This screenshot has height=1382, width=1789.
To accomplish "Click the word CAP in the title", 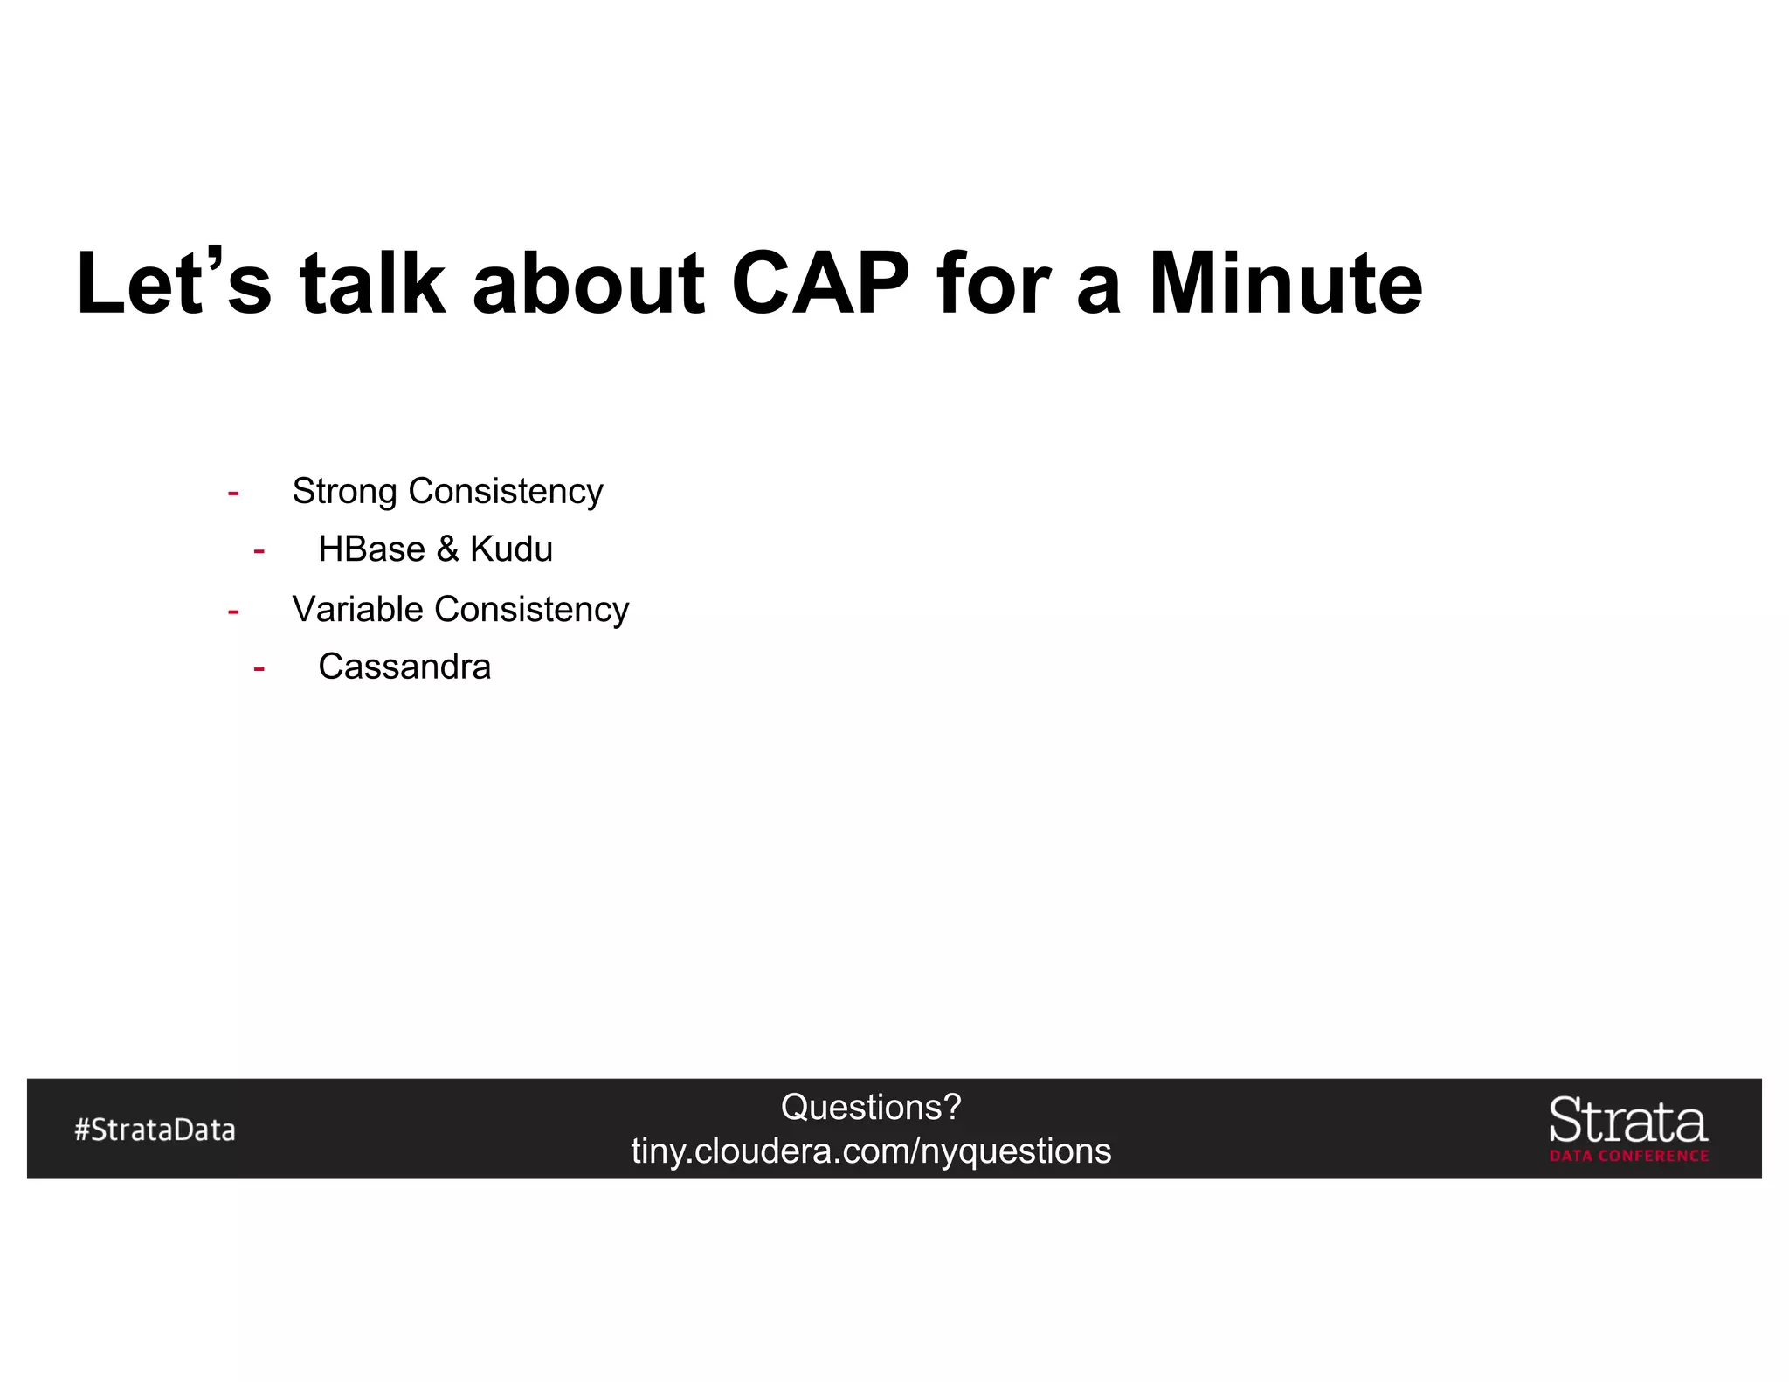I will click(819, 284).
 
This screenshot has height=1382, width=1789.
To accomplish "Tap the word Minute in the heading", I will click(1285, 284).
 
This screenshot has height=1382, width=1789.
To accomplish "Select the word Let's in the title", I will click(174, 284).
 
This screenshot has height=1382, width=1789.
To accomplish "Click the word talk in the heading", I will click(372, 284).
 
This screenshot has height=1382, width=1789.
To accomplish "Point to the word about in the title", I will click(588, 284).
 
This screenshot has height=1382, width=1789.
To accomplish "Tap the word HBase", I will click(371, 549).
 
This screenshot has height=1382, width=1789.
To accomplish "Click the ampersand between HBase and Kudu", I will click(447, 549).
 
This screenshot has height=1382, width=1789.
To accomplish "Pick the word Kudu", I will click(511, 549).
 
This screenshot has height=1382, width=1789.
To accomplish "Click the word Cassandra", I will click(404, 667).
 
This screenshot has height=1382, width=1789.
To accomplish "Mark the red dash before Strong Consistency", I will click(233, 494).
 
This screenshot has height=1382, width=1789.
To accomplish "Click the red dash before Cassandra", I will click(259, 669).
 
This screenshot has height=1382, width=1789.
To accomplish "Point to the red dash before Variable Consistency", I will click(233, 612).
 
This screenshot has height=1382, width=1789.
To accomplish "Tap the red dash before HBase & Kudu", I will click(259, 551).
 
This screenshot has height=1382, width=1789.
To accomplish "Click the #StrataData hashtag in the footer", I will click(155, 1130).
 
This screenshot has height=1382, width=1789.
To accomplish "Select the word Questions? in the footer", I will click(871, 1108).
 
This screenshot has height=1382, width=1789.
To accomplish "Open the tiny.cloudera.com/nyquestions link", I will click(871, 1151).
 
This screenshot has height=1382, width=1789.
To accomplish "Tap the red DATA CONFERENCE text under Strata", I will click(1628, 1156).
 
